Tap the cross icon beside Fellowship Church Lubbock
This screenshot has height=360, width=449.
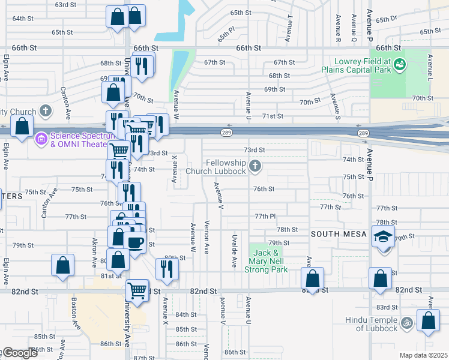255,166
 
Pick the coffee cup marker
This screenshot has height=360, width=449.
136,242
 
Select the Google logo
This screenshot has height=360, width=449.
19,353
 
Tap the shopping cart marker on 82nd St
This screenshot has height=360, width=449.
137,291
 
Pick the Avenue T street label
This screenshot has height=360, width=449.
291,25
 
